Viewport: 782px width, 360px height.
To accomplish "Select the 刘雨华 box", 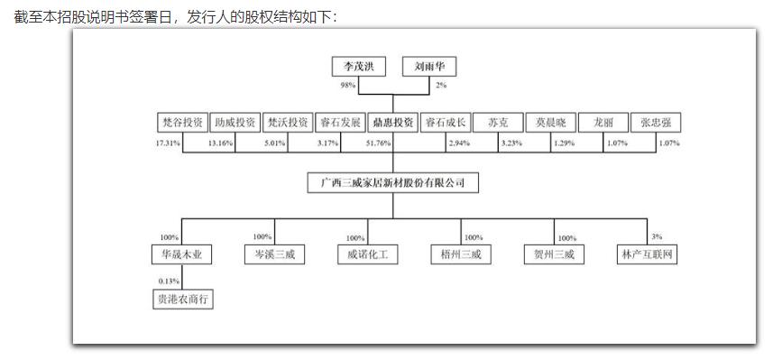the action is point(429,68).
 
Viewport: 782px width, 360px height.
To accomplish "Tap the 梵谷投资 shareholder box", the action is point(180,123).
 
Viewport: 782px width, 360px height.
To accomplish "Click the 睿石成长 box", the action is point(446,123).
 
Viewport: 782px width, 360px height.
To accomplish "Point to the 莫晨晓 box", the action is point(550,123).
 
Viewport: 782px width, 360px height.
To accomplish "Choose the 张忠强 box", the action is point(657,123).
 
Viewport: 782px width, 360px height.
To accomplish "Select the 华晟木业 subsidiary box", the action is point(180,254).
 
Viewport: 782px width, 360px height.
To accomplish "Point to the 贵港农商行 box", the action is point(180,300).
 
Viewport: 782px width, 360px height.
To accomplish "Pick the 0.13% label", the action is point(169,282).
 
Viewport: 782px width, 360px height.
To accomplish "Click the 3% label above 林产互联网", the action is point(656,236).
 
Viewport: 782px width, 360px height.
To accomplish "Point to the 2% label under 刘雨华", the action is point(441,86).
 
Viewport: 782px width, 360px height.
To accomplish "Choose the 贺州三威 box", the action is point(553,254).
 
